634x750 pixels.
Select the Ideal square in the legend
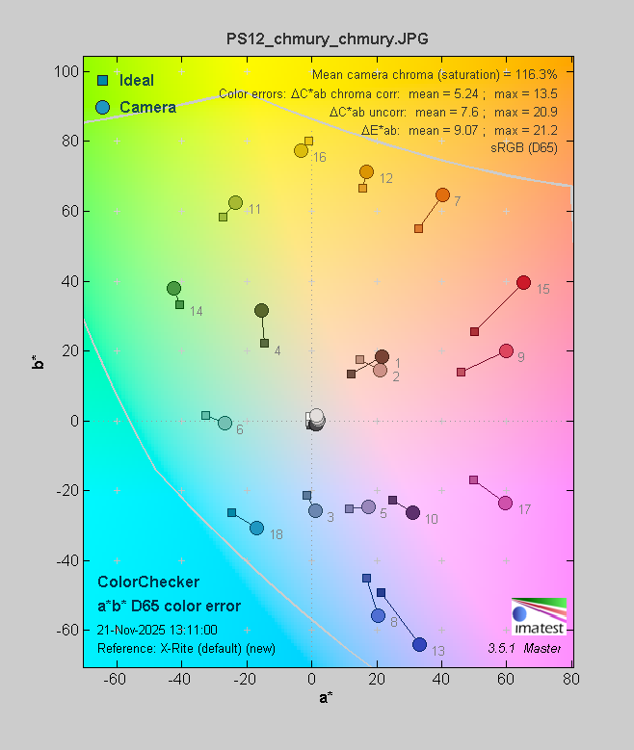pyautogui.click(x=102, y=80)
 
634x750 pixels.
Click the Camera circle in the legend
pyautogui.click(x=102, y=107)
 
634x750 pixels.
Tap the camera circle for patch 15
pyautogui.click(x=523, y=283)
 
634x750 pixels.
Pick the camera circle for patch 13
pyautogui.click(x=419, y=644)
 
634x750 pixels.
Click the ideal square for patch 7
pyautogui.click(x=418, y=228)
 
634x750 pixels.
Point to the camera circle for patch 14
pyautogui.click(x=173, y=288)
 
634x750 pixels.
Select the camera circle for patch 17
pyautogui.click(x=505, y=504)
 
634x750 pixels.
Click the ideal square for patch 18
pyautogui.click(x=231, y=512)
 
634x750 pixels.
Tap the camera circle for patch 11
pyautogui.click(x=235, y=202)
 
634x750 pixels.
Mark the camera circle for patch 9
pyautogui.click(x=506, y=351)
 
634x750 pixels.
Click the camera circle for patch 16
pyautogui.click(x=301, y=150)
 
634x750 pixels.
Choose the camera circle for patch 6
pyautogui.click(x=225, y=423)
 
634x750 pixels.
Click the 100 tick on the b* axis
pyautogui.click(x=66, y=71)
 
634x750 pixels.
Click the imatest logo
pyautogui.click(x=539, y=616)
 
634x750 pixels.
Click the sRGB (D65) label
pyautogui.click(x=523, y=146)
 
